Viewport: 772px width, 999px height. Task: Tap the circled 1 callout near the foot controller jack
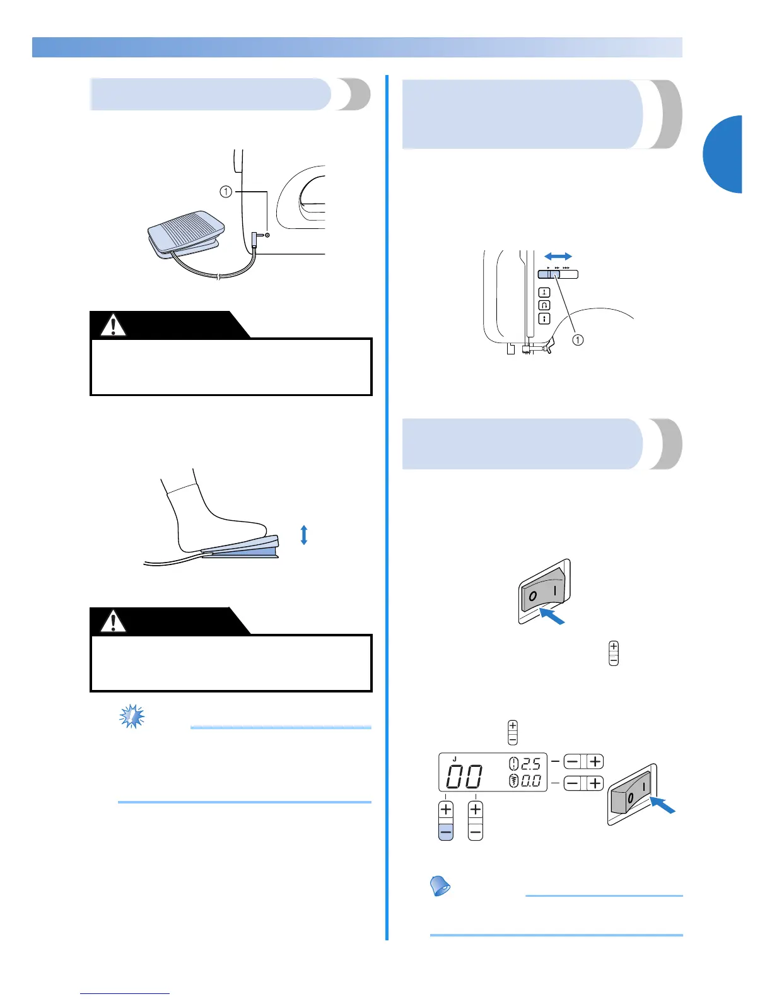226,192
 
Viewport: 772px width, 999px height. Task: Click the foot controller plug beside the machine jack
254,239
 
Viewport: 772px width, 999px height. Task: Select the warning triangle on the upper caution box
114,325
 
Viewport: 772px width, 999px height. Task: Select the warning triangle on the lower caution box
114,621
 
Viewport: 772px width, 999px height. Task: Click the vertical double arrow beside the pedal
304,535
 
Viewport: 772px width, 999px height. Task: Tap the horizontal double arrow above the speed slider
558,256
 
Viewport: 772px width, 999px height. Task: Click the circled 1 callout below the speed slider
577,340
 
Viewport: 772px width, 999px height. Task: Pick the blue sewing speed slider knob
549,274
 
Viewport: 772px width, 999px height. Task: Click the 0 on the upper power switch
533,596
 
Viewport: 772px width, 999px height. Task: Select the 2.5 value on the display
531,764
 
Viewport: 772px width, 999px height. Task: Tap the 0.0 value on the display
531,781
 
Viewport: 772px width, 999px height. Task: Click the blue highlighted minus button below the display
446,832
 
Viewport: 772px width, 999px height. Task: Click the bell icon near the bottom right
440,885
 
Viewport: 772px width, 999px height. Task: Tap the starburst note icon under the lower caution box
132,717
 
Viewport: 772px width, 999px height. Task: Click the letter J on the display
454,759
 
